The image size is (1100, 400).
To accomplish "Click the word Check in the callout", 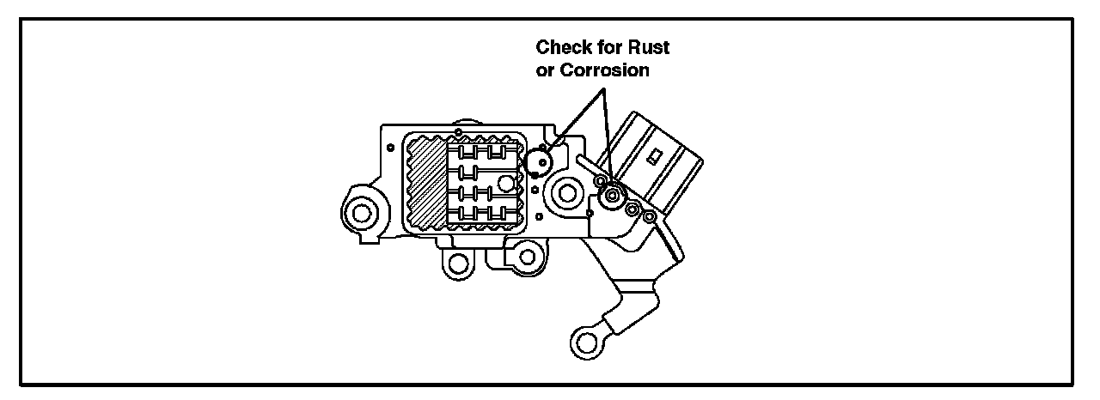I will click(561, 48).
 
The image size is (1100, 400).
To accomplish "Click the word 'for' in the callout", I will click(608, 48).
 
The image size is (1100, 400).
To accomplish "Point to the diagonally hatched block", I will click(428, 185).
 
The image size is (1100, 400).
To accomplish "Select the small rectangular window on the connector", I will click(655, 157).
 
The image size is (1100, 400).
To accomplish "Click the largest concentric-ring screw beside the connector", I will click(612, 197).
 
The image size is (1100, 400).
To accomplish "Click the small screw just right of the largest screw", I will click(632, 209).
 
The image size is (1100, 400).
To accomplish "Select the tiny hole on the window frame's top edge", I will click(459, 131).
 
